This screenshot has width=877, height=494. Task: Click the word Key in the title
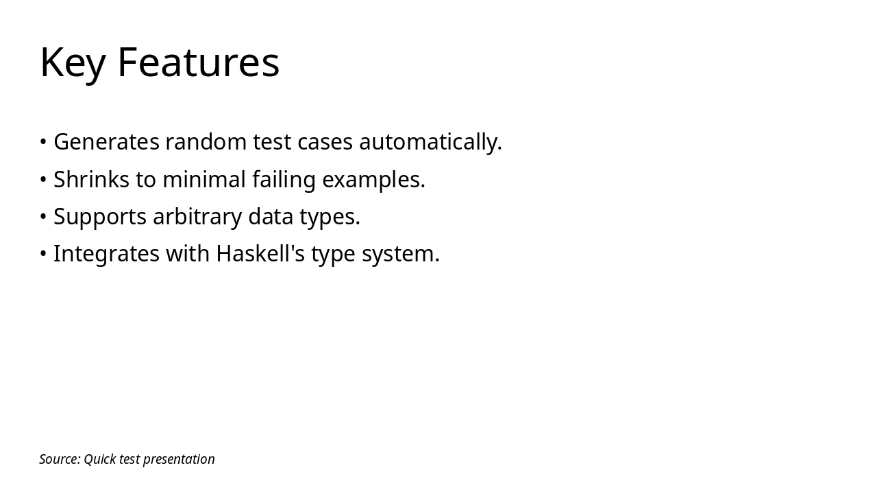pyautogui.click(x=73, y=62)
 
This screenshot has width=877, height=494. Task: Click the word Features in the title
pyautogui.click(x=198, y=62)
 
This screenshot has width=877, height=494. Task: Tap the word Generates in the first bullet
pyautogui.click(x=106, y=142)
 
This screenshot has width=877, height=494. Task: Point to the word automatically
pyautogui.click(x=430, y=142)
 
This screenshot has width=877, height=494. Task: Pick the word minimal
pyautogui.click(x=203, y=180)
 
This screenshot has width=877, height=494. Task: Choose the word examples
pyautogui.click(x=373, y=180)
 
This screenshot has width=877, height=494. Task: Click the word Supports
pyautogui.click(x=100, y=217)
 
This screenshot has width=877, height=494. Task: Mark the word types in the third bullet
pyautogui.click(x=330, y=217)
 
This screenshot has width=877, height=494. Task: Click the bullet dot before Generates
pyautogui.click(x=43, y=142)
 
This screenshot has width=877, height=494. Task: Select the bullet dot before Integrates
pyautogui.click(x=43, y=254)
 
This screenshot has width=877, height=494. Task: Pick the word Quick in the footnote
pyautogui.click(x=99, y=459)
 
